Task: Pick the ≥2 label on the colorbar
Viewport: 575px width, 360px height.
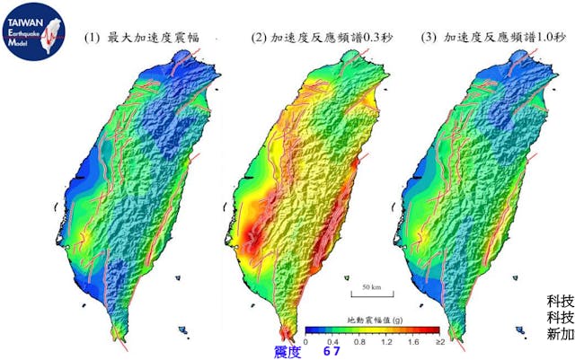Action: tap(439, 342)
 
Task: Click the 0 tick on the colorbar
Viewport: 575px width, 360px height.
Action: tap(305, 342)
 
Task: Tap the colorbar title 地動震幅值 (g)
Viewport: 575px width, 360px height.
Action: tap(372, 320)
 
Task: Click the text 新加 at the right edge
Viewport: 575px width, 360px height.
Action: tap(560, 334)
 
